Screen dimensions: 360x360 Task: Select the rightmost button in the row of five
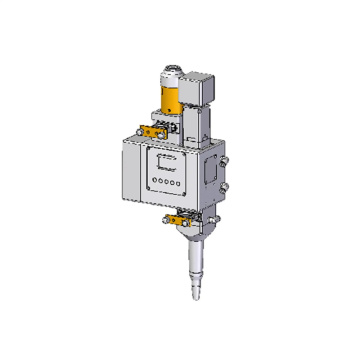point(180,185)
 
